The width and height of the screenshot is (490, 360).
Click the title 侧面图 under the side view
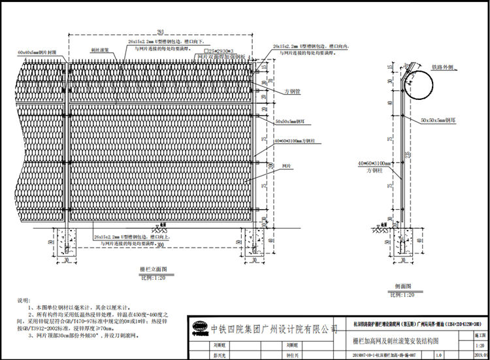(x=405, y=287)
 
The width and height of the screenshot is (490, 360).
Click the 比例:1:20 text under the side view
(x=405, y=295)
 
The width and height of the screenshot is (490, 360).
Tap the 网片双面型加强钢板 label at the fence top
(x=221, y=57)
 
